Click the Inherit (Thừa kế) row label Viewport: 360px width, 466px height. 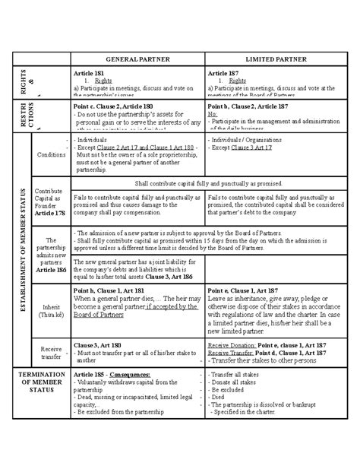52,314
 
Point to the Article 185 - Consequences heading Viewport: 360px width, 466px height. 115,375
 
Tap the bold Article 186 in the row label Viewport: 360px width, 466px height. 52,271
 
